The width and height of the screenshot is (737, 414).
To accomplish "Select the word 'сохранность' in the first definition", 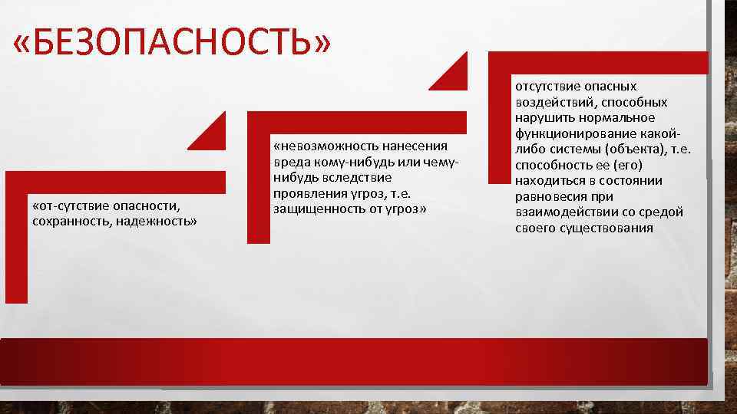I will [70, 221].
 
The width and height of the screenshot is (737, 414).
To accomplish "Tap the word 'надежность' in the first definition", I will [157, 221].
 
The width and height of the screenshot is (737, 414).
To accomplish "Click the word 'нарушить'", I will [541, 117].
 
